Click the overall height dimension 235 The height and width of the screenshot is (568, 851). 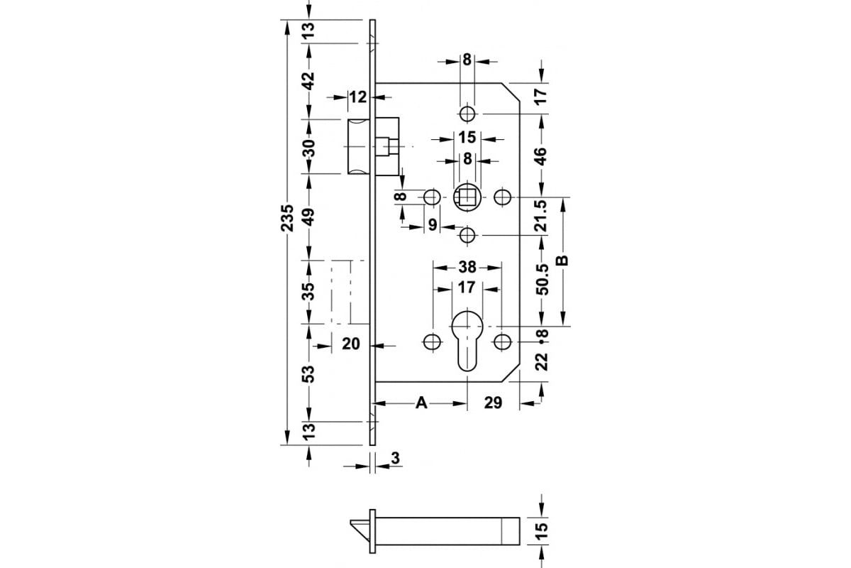pos(288,218)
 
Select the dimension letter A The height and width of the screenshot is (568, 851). pos(421,403)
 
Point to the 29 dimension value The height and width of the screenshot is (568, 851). pos(493,403)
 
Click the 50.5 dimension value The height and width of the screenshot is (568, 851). pos(542,280)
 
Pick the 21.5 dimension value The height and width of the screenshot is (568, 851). pos(540,216)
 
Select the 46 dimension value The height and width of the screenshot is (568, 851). pos(540,156)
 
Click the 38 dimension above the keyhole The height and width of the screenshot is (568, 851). pos(467,267)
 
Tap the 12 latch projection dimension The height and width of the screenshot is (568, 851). pos(358,97)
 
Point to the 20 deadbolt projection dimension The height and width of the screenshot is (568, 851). pos(350,344)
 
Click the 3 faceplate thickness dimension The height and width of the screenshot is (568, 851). pos(395,459)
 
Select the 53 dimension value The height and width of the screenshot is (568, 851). pos(310,373)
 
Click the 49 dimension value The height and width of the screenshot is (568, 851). pos(310,217)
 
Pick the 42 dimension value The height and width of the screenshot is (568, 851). pos(310,81)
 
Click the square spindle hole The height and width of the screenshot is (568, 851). pos(467,197)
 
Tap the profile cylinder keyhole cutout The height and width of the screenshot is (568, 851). pos(467,339)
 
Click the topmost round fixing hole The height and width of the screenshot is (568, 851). pos(467,114)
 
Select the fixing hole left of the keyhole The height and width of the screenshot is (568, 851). pos(432,342)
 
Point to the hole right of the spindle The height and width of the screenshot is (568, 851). pos(503,197)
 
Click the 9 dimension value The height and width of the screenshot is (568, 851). pos(433,225)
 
